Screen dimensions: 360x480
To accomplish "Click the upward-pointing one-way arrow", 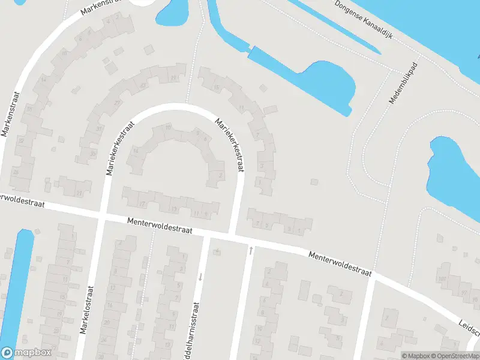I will (x=251, y=249).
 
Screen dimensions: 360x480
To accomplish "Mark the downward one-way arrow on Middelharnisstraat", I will (x=200, y=277).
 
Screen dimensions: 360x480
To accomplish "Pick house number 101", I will (x=442, y=280).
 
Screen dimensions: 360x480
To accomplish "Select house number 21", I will (x=79, y=193).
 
